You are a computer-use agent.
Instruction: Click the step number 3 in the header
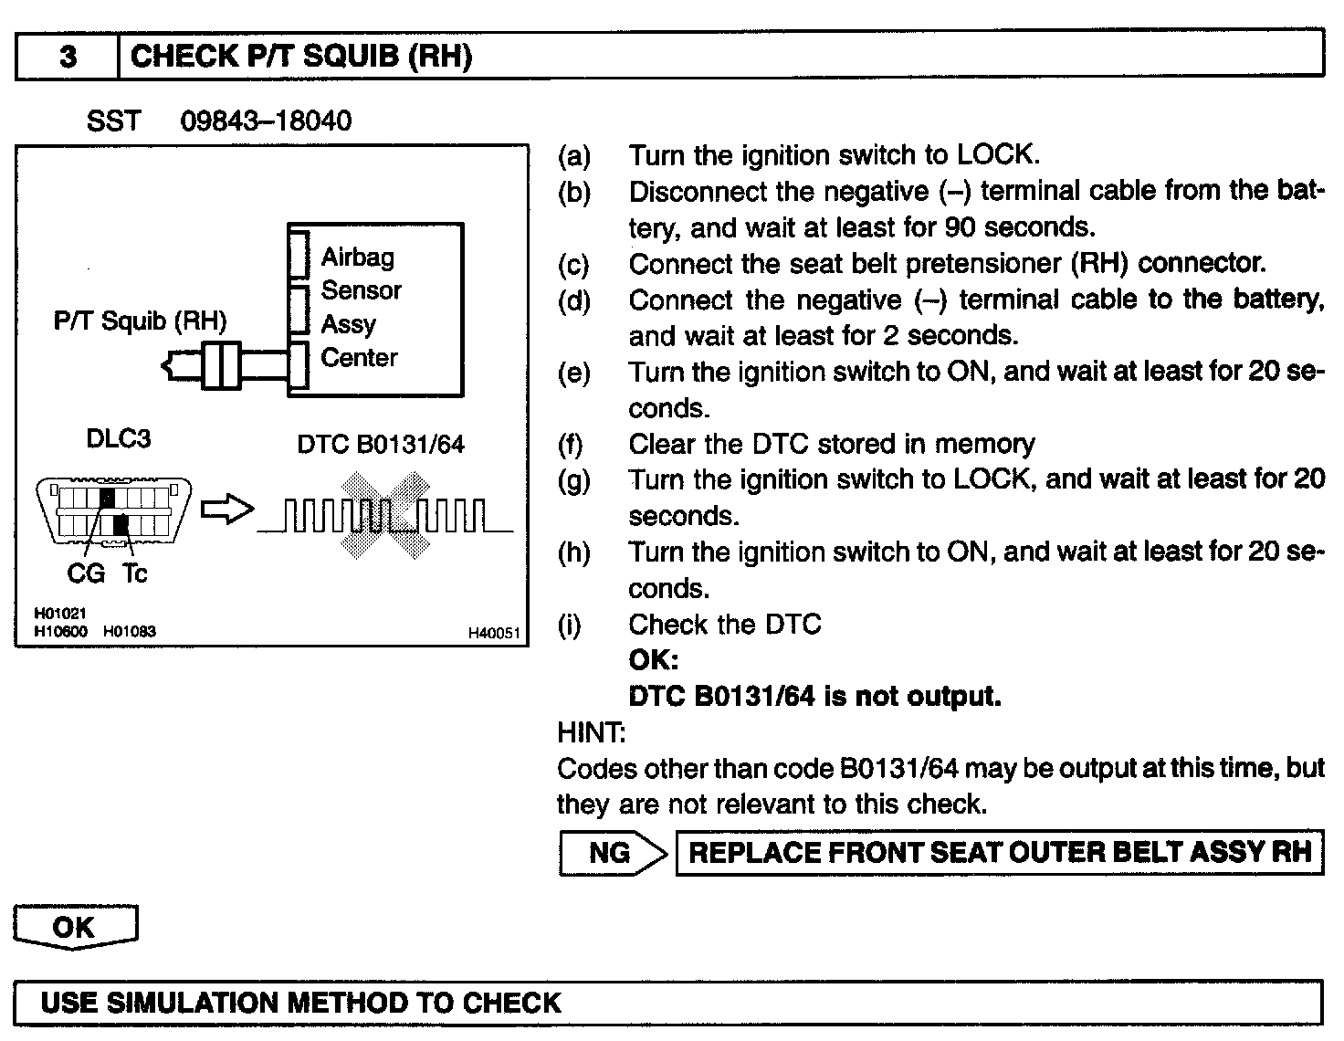point(68,57)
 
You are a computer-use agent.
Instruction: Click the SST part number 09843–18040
point(266,121)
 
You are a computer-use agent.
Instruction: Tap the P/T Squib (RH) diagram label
point(140,321)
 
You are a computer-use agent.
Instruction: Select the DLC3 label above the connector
point(118,438)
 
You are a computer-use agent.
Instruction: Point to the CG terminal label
point(86,573)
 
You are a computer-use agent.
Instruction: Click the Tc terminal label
point(134,573)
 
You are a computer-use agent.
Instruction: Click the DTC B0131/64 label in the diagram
point(381,444)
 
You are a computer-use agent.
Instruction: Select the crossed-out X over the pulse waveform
point(384,514)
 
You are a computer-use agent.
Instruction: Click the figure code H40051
point(493,633)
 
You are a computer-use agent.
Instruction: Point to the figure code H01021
point(60,615)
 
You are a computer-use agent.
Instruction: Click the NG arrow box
point(612,853)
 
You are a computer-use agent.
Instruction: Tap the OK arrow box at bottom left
point(75,928)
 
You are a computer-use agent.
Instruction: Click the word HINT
point(591,732)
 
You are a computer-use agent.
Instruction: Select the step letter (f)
point(573,445)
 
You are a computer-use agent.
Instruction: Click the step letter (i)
point(570,626)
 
